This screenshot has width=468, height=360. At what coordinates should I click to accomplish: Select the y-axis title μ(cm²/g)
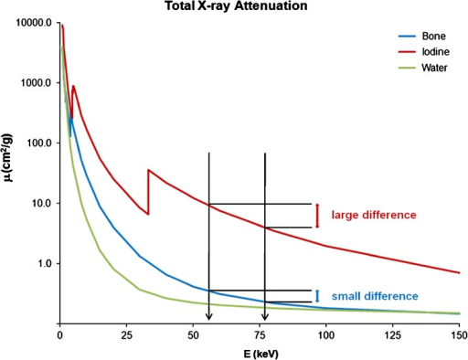11,174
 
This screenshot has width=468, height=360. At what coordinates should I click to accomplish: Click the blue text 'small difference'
375,296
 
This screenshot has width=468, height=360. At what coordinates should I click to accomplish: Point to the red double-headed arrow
316,216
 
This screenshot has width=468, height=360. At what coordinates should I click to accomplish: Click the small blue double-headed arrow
316,296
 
